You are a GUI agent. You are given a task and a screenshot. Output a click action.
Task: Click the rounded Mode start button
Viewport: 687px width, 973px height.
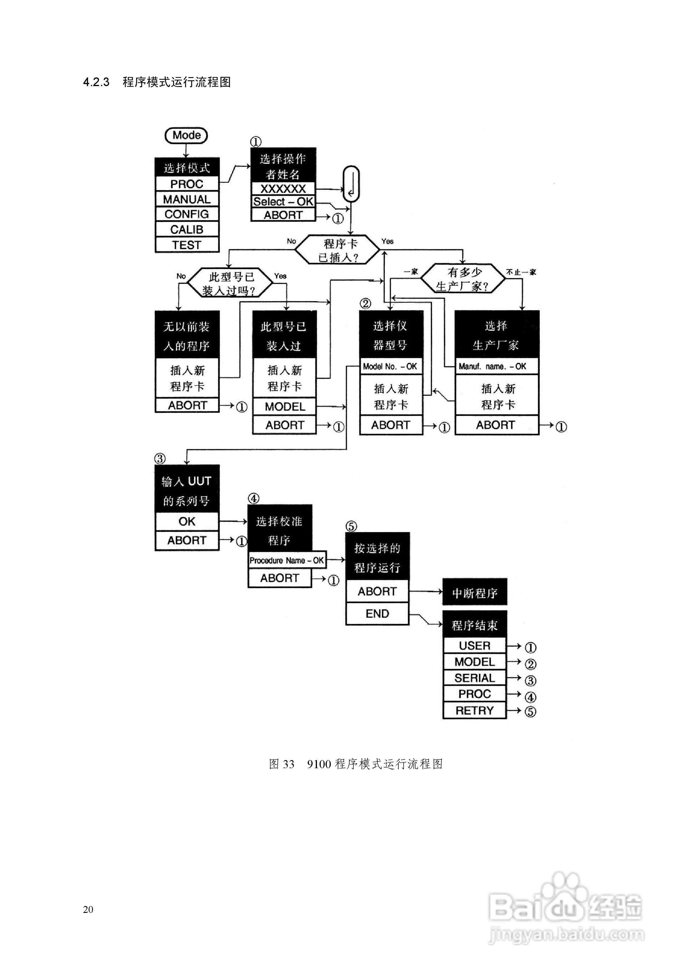[186, 135]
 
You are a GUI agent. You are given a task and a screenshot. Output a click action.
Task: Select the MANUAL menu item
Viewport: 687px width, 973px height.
[187, 199]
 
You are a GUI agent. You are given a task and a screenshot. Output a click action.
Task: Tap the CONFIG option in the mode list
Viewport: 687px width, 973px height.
[187, 214]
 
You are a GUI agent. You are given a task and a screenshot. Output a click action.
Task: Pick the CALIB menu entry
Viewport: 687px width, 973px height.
[187, 229]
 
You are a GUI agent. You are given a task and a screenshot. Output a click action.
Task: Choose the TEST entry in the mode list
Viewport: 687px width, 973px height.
[187, 245]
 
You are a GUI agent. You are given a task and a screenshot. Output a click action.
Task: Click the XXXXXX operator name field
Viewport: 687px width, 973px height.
[283, 189]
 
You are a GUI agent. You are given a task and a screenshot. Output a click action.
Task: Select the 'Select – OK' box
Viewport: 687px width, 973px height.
[283, 202]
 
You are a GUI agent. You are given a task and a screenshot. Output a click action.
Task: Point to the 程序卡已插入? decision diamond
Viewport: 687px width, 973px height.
[337, 250]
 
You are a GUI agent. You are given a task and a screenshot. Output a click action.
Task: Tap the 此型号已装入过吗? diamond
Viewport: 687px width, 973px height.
[230, 283]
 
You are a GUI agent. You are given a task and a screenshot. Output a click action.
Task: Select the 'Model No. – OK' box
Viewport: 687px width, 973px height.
[390, 367]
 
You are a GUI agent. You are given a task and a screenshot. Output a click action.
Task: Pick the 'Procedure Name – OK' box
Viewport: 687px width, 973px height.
[287, 560]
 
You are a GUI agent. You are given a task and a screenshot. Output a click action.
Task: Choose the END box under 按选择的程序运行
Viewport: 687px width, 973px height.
[377, 614]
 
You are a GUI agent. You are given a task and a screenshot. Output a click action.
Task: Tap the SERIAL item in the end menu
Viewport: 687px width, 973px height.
[474, 678]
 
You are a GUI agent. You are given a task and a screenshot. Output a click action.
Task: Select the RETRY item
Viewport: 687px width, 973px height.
[474, 711]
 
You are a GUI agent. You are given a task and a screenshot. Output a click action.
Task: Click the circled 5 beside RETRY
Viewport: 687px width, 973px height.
[530, 712]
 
